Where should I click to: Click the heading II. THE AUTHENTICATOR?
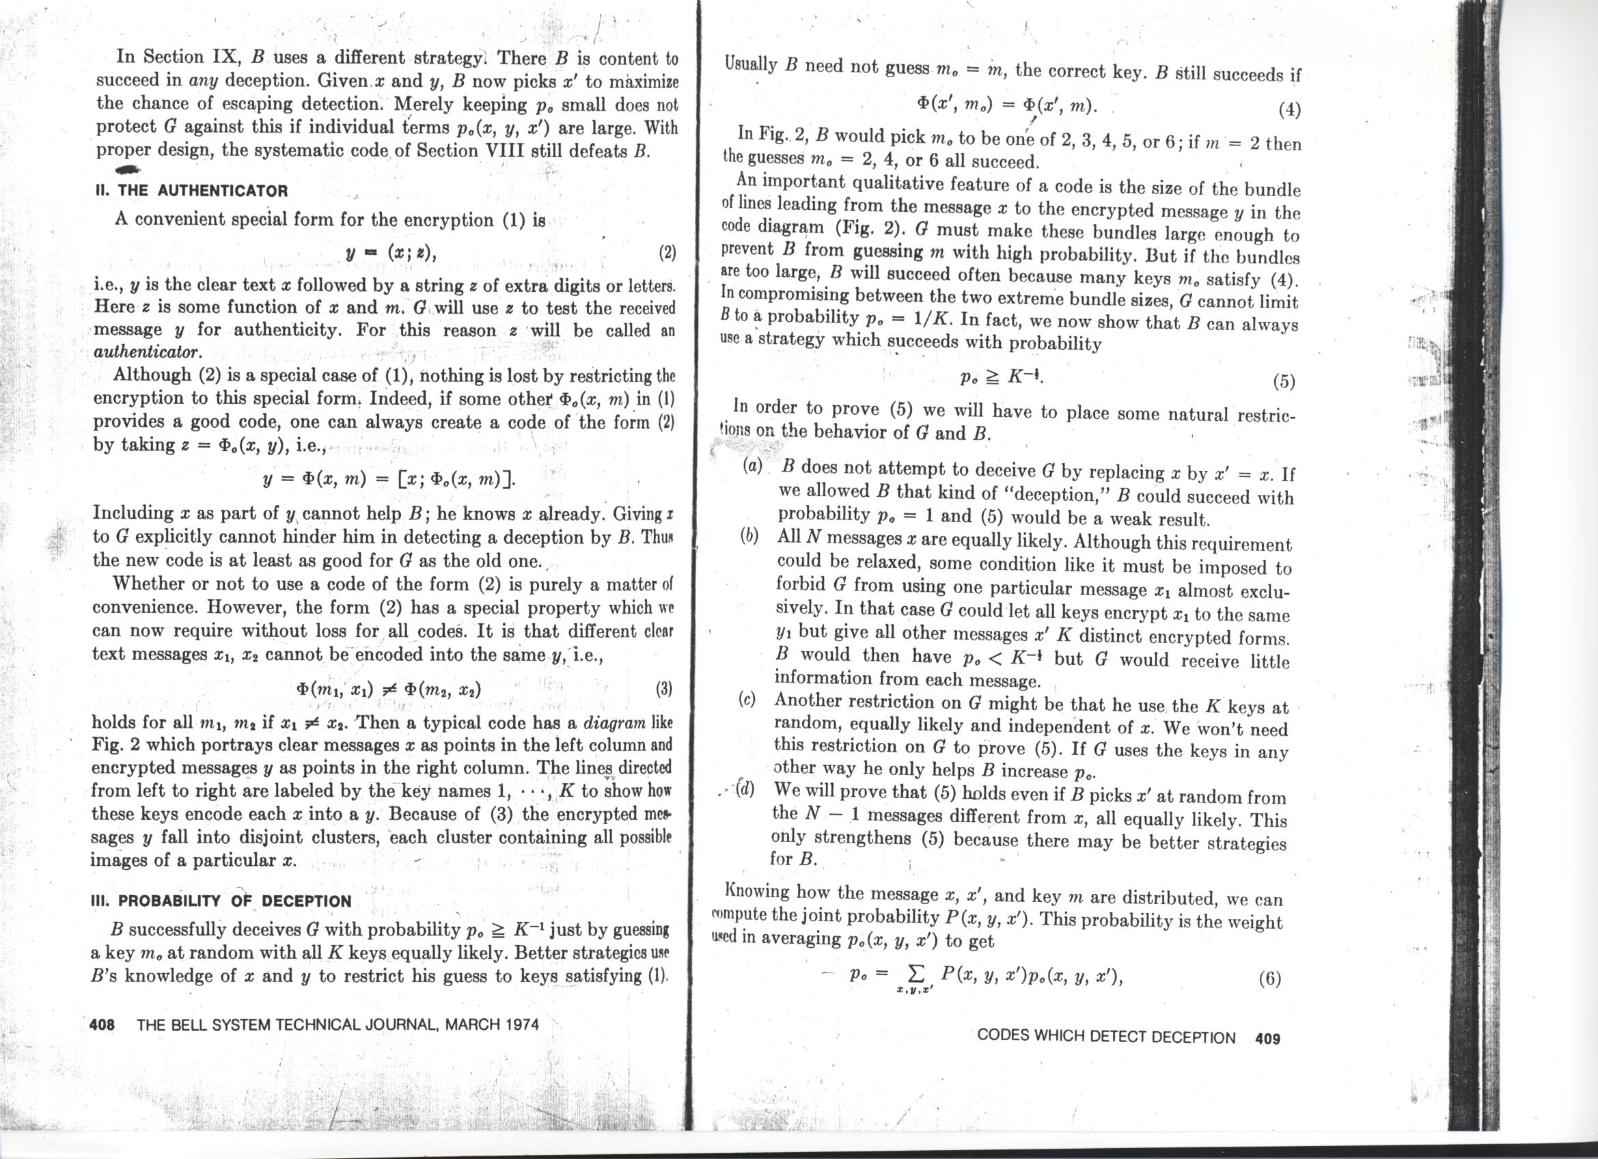tap(192, 190)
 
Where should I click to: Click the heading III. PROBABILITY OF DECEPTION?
tap(221, 901)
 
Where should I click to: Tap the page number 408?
tap(103, 1024)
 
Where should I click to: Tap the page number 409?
tap(1267, 1038)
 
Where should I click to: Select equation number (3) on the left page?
tap(663, 688)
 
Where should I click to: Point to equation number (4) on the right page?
tap(1289, 111)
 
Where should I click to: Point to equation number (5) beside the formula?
tap(1284, 382)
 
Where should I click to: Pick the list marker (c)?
tap(747, 700)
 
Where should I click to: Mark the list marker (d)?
tap(745, 790)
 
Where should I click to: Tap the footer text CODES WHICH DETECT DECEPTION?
tap(1106, 1038)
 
